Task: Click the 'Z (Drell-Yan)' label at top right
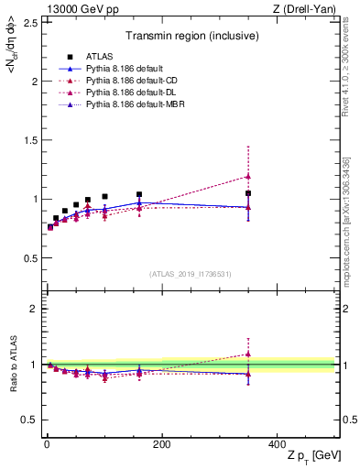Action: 309,8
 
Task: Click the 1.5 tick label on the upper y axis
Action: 30,140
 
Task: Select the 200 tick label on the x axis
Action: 161,443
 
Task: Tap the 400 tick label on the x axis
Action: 276,443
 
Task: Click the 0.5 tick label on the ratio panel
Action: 30,420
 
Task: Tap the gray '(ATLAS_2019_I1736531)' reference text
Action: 191,274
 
